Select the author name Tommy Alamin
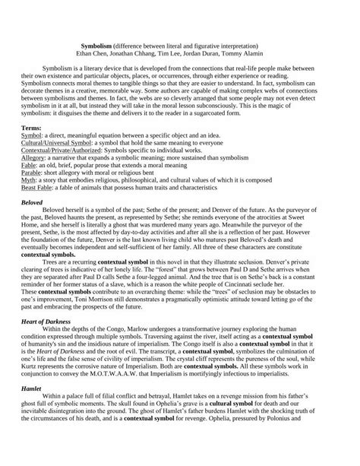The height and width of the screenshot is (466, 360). click(257, 54)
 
